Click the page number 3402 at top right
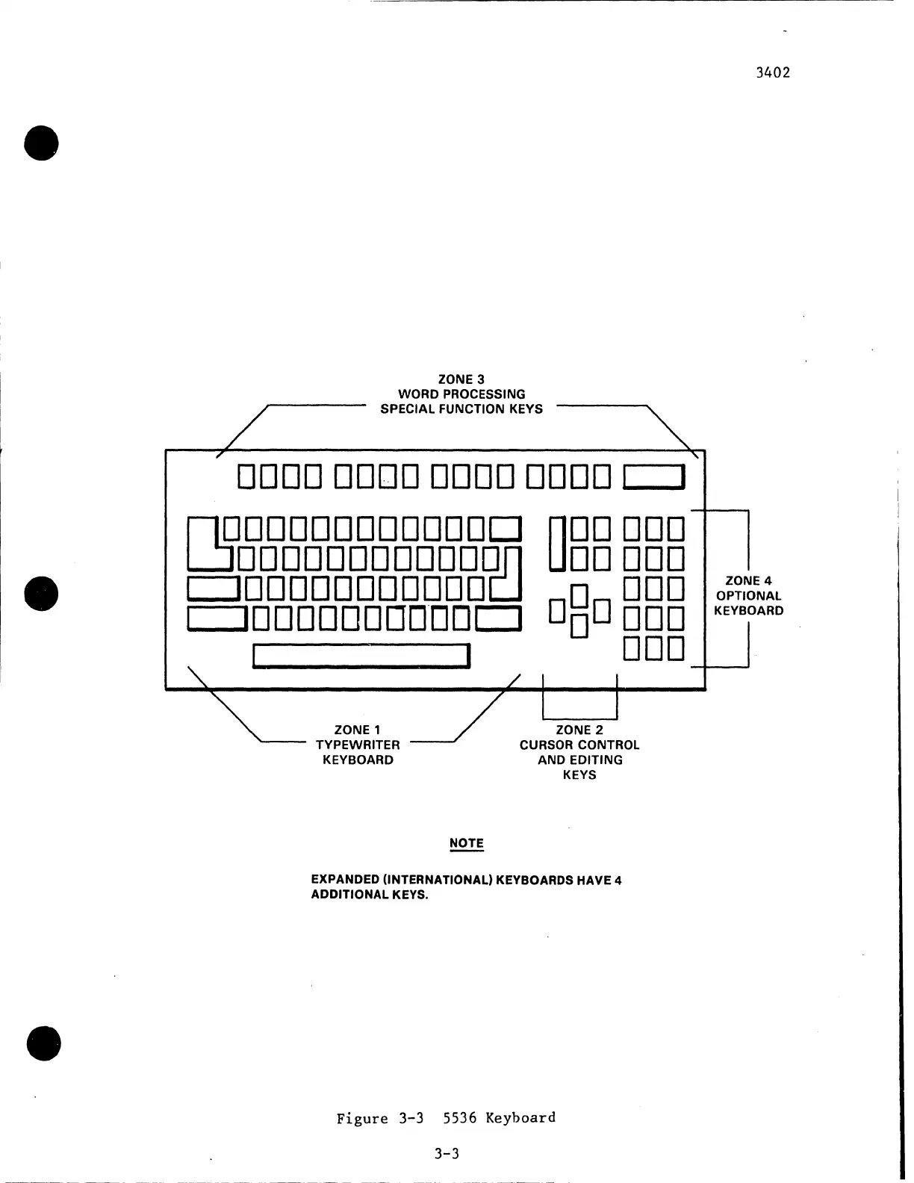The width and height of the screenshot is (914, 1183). click(772, 72)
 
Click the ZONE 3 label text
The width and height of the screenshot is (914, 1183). click(461, 379)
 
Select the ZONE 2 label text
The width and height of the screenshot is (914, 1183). click(579, 730)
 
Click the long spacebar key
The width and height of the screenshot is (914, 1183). click(361, 655)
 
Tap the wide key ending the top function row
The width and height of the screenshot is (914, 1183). click(653, 476)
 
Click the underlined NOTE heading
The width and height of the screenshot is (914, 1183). click(467, 843)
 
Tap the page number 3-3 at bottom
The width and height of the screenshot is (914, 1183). click(447, 1153)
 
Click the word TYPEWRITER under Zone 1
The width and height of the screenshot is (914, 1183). click(358, 745)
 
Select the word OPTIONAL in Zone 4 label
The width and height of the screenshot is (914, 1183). click(748, 595)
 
